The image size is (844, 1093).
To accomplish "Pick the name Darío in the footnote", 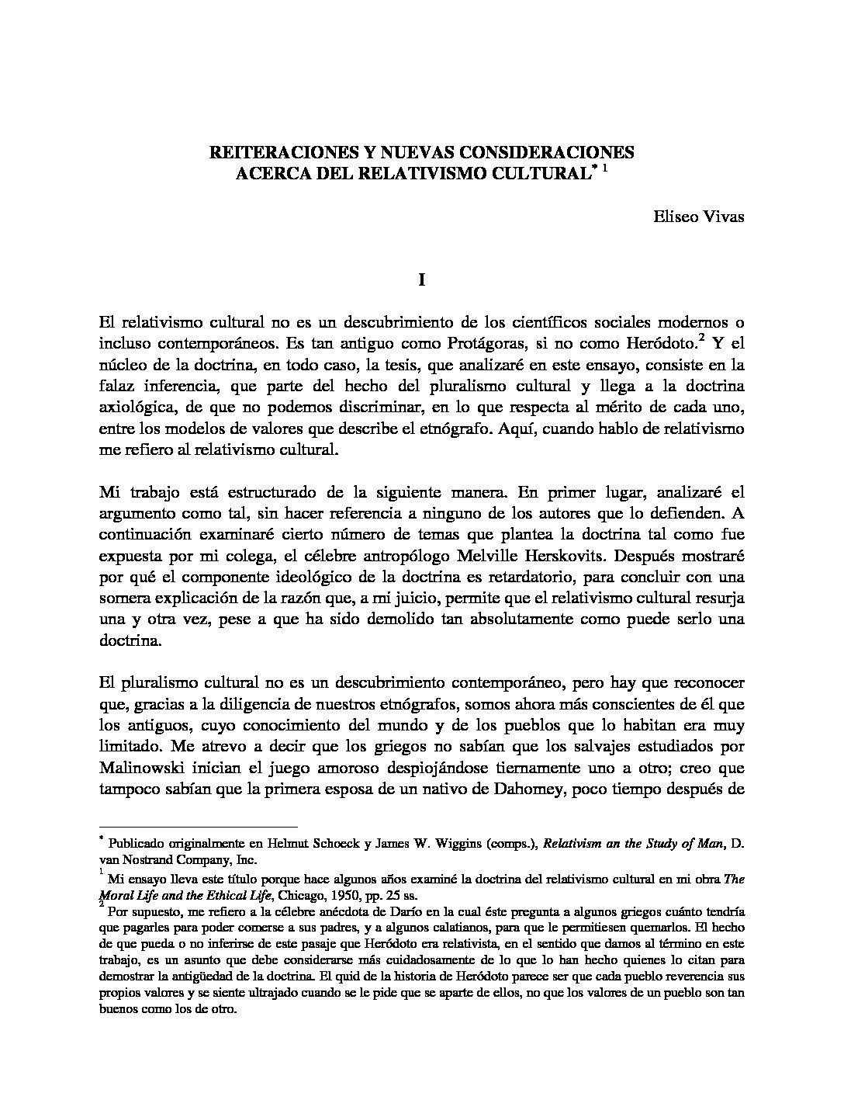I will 401,911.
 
